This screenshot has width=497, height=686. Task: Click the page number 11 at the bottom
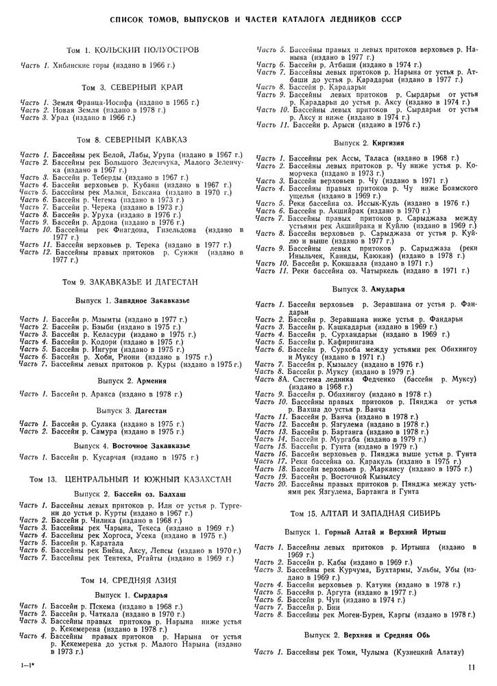click(472, 665)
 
